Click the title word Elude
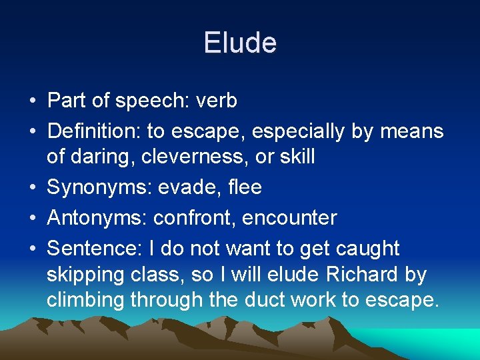240,43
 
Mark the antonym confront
194,218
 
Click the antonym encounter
290,218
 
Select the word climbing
85,300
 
